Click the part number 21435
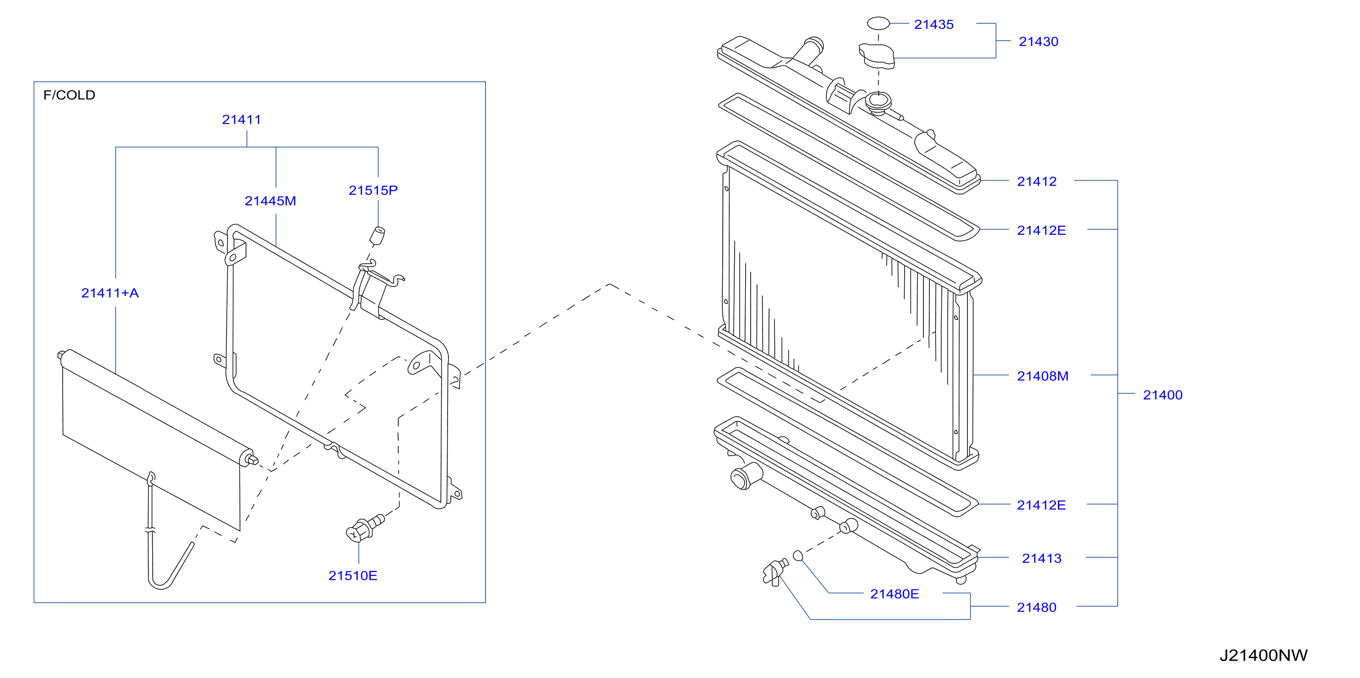pyautogui.click(x=933, y=24)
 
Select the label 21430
pyautogui.click(x=1038, y=42)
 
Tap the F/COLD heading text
pyautogui.click(x=69, y=95)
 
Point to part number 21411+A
pyautogui.click(x=110, y=293)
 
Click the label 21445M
pyautogui.click(x=270, y=201)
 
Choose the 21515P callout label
pyautogui.click(x=373, y=191)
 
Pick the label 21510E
pyautogui.click(x=352, y=576)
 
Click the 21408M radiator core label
pyautogui.click(x=1042, y=376)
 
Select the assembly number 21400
pyautogui.click(x=1163, y=395)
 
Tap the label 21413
pyautogui.click(x=1041, y=558)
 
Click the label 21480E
pyautogui.click(x=894, y=594)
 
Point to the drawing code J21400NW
pyautogui.click(x=1264, y=655)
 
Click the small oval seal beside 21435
pyautogui.click(x=878, y=23)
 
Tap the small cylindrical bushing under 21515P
pyautogui.click(x=377, y=236)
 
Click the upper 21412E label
pyautogui.click(x=1041, y=231)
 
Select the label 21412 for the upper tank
pyautogui.click(x=1036, y=181)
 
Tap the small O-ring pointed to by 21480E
pyautogui.click(x=798, y=556)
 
